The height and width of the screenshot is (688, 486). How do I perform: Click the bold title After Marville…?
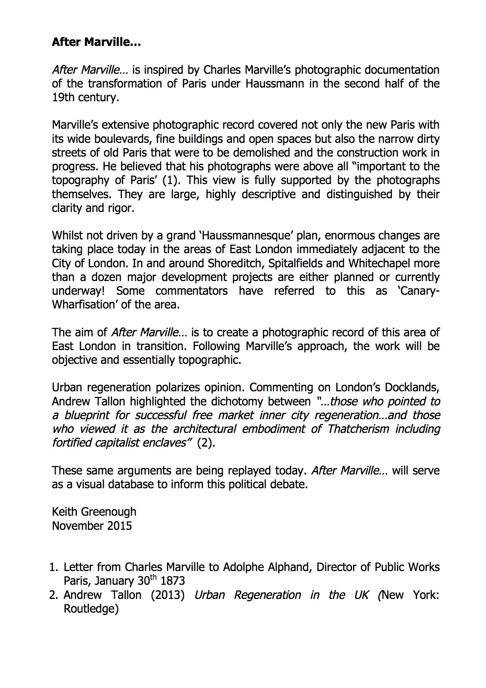pos(96,42)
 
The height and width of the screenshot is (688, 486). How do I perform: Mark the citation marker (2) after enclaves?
pos(206,443)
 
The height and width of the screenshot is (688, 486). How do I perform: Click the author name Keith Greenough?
pos(94,512)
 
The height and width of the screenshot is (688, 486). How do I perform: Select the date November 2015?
pos(92,526)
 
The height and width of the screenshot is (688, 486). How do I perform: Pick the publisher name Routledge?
pos(91,609)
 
